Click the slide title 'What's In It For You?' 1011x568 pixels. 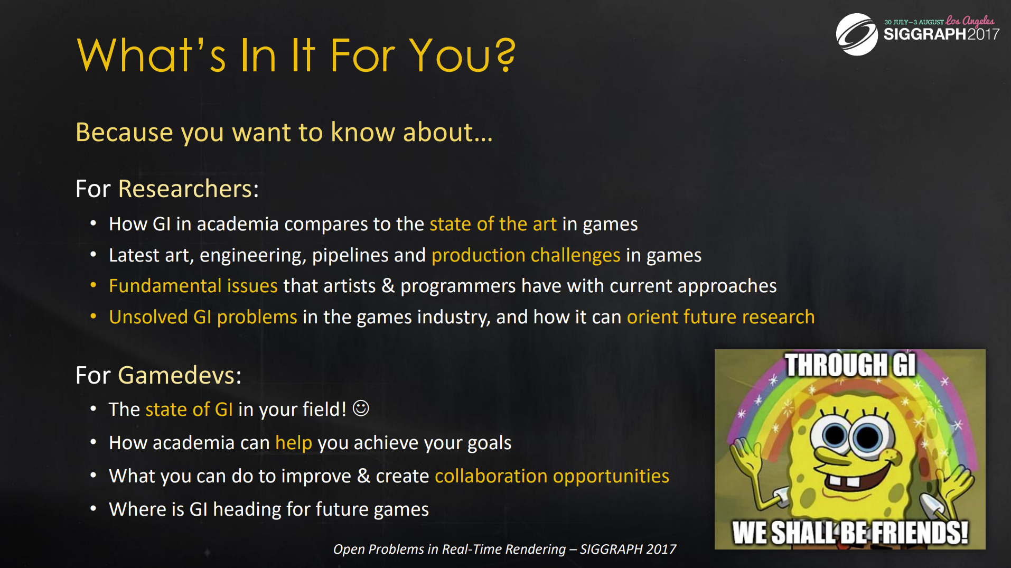coord(296,55)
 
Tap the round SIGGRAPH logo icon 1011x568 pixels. coord(857,34)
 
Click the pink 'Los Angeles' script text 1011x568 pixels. coord(970,21)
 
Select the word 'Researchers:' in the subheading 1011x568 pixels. coord(189,189)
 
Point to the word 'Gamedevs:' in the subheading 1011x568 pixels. coord(180,375)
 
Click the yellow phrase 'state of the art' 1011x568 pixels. coord(493,224)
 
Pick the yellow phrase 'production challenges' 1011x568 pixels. coord(526,255)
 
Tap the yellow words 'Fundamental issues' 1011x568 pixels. coord(193,286)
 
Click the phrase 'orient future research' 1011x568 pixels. coord(720,317)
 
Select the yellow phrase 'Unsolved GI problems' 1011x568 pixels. coord(203,317)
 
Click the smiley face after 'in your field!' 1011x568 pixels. coord(361,408)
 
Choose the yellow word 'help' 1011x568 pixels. coord(294,443)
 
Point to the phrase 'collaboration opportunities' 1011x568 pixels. coord(552,476)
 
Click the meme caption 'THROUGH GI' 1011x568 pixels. coord(850,365)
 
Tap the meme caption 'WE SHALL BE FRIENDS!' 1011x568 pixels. coord(850,532)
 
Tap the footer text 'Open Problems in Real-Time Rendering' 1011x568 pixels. coord(450,550)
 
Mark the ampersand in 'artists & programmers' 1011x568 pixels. coord(388,286)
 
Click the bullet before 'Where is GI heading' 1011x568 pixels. coord(93,508)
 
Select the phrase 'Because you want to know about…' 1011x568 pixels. coord(284,132)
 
